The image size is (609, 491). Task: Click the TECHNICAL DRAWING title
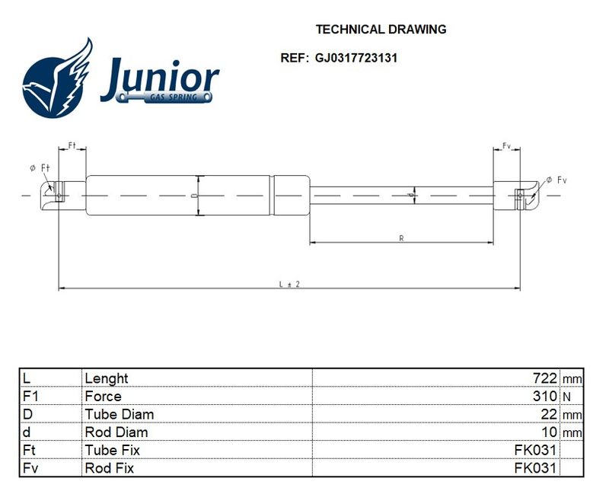[381, 30]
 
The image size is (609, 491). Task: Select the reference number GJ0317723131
[356, 59]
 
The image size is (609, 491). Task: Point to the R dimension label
[402, 238]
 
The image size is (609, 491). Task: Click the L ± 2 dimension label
[290, 285]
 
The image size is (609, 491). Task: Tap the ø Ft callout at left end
[40, 168]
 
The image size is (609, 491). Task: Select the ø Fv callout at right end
[556, 180]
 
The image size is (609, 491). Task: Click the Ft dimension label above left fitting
[72, 145]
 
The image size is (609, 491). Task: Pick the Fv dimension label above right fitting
[506, 146]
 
